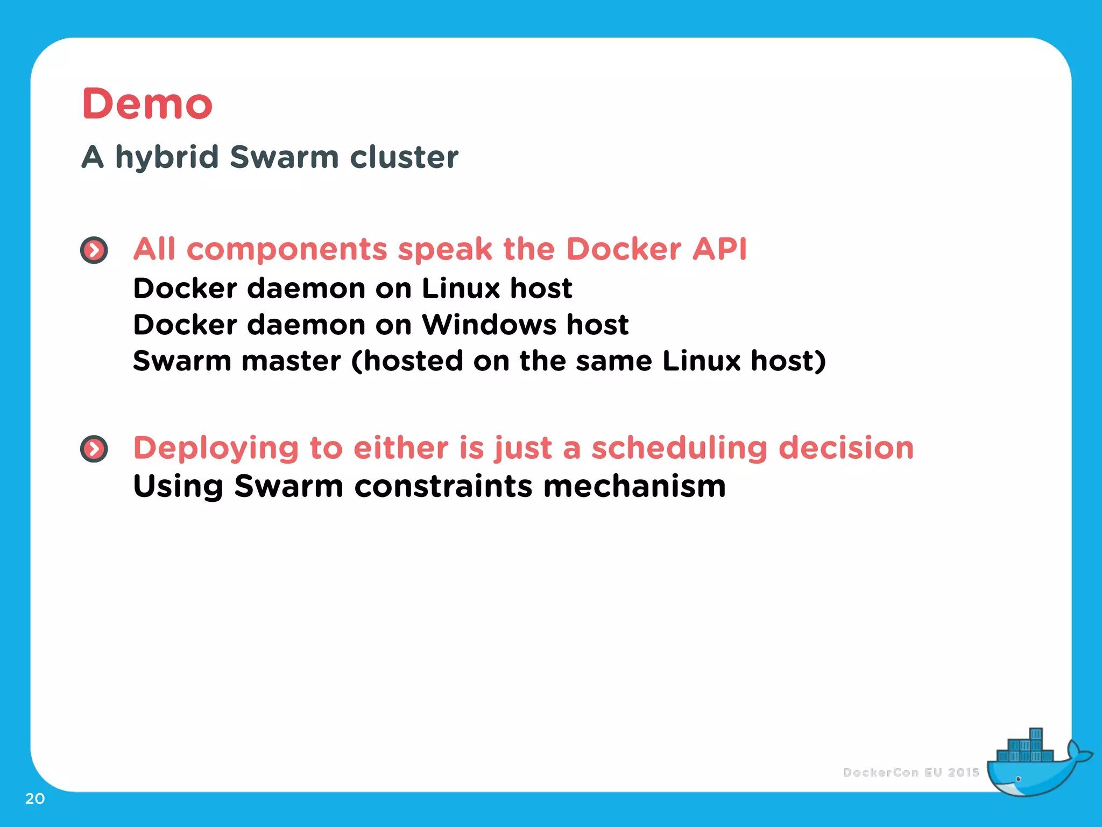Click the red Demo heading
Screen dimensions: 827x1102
(147, 103)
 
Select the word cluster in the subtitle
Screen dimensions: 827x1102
(404, 157)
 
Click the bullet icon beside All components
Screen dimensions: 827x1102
(94, 250)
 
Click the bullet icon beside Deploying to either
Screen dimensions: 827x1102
(94, 449)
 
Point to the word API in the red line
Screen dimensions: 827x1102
(719, 249)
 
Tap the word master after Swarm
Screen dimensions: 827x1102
(291, 361)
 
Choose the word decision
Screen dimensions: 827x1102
(846, 448)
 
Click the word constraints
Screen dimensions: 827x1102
(443, 486)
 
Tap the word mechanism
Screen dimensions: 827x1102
(634, 486)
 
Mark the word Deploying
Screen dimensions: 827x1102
(216, 449)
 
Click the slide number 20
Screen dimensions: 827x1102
(35, 798)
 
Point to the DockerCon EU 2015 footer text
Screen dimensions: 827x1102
(910, 773)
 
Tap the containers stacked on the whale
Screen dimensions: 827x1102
(1025, 748)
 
